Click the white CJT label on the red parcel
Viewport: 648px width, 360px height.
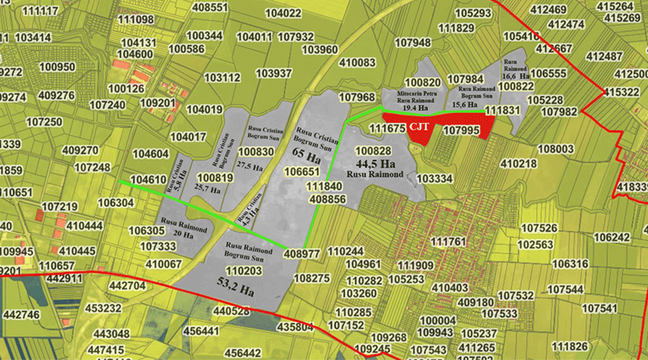point(420,126)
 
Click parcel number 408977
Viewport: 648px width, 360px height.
point(302,253)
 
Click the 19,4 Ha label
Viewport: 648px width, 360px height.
point(418,109)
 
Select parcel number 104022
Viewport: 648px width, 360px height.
point(283,14)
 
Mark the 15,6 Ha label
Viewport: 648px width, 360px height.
point(464,104)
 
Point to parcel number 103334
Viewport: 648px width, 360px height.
point(434,178)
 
